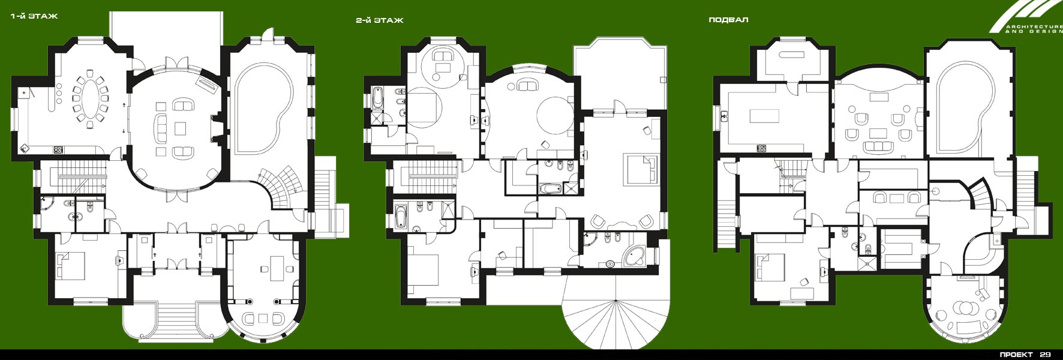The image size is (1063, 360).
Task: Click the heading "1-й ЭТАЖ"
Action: pos(34,16)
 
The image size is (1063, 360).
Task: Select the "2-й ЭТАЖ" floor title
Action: pos(379,20)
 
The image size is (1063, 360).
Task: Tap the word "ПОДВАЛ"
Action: pos(728,20)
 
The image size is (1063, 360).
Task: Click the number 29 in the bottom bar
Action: pos(1046,355)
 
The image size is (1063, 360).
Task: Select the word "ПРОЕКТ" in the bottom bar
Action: pos(1016,355)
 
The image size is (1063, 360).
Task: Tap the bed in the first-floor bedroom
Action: pos(71,265)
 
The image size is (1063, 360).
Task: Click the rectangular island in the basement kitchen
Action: pos(760,115)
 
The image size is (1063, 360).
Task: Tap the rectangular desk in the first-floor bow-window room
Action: pos(278,268)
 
